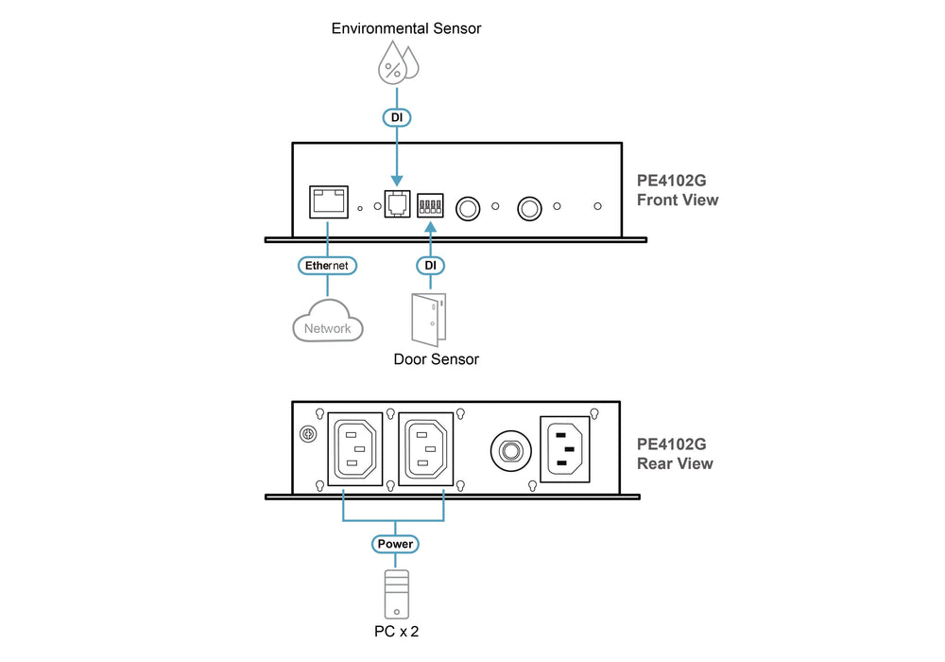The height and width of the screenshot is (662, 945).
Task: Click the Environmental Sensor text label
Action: click(406, 28)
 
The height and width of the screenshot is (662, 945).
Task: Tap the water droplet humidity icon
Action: click(398, 62)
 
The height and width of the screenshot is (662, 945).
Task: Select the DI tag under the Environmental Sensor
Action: click(397, 117)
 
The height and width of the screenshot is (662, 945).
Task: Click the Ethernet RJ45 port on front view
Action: click(329, 202)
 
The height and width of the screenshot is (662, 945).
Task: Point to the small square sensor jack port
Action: click(397, 202)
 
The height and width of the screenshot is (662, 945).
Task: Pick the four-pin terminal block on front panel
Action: click(430, 205)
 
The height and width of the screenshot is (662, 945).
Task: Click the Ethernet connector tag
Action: click(327, 266)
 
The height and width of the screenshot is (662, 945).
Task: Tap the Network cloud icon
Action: click(328, 322)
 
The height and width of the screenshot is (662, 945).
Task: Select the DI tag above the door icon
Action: click(430, 266)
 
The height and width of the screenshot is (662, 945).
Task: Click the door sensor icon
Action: click(428, 320)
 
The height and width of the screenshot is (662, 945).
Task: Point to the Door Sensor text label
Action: click(436, 359)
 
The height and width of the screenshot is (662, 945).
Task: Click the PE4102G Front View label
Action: click(678, 190)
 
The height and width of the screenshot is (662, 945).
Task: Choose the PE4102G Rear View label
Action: click(675, 453)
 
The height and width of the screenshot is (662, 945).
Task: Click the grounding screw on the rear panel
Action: click(308, 434)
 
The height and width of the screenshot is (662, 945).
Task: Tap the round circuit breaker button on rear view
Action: click(511, 451)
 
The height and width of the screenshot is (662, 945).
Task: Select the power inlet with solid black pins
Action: click(565, 449)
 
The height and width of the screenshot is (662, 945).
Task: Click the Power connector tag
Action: click(395, 544)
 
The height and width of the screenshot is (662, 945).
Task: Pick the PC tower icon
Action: click(397, 595)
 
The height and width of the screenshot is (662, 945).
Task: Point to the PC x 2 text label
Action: click(397, 631)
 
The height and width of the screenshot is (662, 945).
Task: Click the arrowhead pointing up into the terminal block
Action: click(430, 227)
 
